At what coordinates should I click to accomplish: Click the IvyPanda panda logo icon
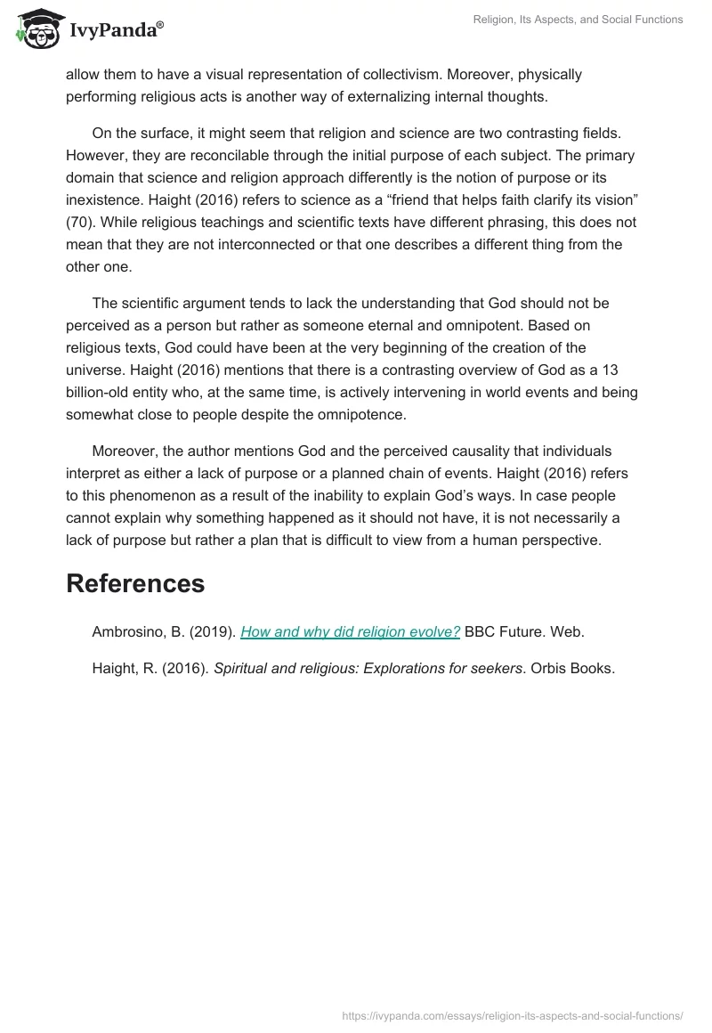tap(37, 28)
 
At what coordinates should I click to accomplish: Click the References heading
tap(135, 583)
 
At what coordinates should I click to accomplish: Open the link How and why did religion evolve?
tap(350, 631)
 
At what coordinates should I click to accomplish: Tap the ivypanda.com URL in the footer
tap(513, 1014)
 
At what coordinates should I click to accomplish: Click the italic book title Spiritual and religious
tap(292, 669)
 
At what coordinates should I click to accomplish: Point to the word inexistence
tap(106, 199)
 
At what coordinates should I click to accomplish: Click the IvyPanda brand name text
tap(116, 31)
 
